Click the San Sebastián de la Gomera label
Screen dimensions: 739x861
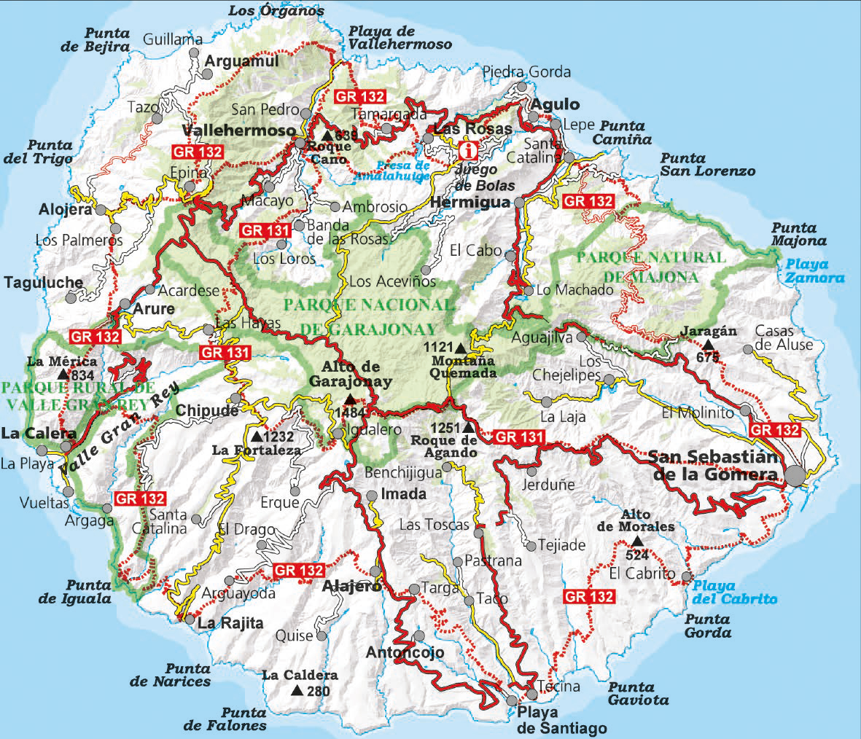click(x=712, y=466)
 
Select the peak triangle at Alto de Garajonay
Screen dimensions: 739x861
click(x=351, y=399)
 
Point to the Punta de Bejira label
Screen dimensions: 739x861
click(x=106, y=40)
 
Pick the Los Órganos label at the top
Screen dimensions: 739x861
click(x=275, y=10)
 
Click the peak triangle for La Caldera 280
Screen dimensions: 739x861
click(x=296, y=691)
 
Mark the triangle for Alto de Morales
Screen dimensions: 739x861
click(x=637, y=541)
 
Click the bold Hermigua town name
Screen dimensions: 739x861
click(x=470, y=203)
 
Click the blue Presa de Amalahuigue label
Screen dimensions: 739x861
click(x=392, y=170)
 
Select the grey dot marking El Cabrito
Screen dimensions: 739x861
click(x=686, y=576)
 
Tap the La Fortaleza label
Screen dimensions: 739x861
click(x=257, y=450)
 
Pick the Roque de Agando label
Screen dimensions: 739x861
click(x=444, y=446)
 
